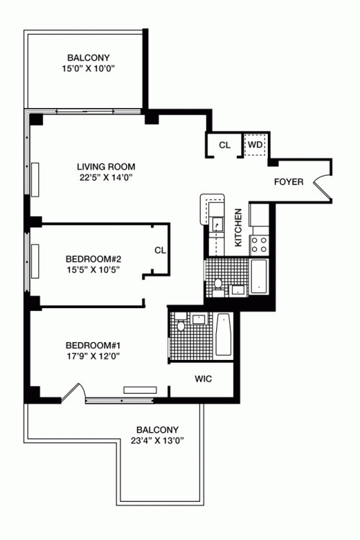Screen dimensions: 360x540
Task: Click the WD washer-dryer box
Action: point(256,145)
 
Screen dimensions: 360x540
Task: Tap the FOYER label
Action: point(289,182)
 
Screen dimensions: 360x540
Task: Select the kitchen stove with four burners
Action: point(259,245)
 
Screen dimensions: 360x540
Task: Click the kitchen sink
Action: point(217,224)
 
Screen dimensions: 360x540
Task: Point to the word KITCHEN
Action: point(238,228)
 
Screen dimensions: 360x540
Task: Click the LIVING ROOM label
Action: point(106,167)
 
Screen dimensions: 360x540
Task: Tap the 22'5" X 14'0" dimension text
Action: point(105,178)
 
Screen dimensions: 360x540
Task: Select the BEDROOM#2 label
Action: point(94,258)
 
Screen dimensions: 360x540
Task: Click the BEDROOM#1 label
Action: point(93,345)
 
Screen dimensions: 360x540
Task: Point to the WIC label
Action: point(203,379)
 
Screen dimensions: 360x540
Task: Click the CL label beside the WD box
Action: point(225,145)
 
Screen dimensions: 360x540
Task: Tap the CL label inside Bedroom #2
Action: point(160,251)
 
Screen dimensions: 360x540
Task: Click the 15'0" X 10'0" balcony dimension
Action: point(88,68)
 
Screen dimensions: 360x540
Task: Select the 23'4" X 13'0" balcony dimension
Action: point(158,441)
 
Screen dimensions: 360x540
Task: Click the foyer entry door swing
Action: point(322,188)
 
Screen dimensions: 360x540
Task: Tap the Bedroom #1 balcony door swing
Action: point(73,392)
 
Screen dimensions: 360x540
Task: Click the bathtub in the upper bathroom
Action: point(258,276)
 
